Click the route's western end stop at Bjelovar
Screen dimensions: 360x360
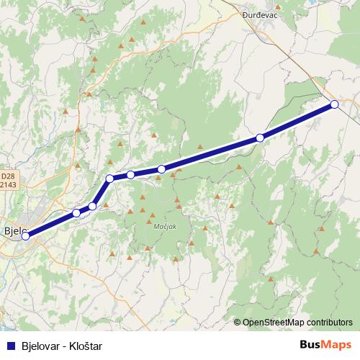click(25, 235)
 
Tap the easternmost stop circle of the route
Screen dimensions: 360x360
click(335, 104)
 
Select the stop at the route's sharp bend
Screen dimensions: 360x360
click(109, 178)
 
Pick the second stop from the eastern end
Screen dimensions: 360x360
click(260, 137)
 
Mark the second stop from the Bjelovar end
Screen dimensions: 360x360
click(76, 213)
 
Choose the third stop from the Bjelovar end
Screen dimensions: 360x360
click(92, 207)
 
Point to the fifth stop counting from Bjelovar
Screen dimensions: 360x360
click(130, 174)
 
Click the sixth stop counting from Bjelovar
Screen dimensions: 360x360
click(161, 169)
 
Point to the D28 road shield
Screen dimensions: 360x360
click(7, 176)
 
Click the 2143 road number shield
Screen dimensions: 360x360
click(7, 184)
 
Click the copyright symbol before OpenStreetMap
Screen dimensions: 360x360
click(238, 323)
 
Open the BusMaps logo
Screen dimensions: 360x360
click(325, 346)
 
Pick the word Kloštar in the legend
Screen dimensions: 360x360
click(86, 346)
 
